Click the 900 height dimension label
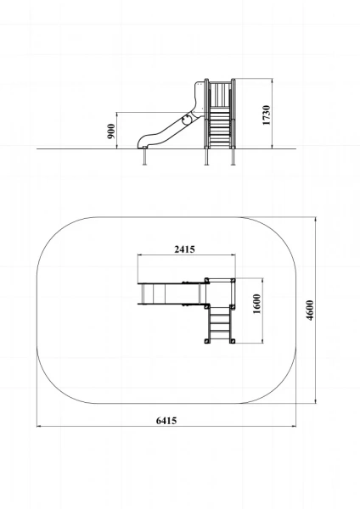111,131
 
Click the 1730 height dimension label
266,115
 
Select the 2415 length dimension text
185,249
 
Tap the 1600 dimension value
256,304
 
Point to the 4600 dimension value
310,310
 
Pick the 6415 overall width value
166,421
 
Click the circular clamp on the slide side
187,119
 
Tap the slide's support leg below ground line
144,157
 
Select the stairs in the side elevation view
219,127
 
